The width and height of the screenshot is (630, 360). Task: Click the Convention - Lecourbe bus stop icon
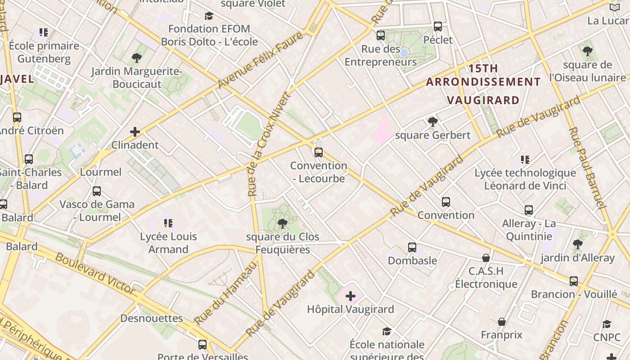pos(319,152)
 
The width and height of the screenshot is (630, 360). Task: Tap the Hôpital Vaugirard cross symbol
pos(350,296)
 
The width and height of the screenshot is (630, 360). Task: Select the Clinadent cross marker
pos(135,132)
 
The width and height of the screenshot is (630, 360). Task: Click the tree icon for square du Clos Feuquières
pos(283,223)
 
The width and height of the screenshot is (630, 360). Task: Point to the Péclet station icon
pos(438,27)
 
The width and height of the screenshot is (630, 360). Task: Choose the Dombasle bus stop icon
pos(412,247)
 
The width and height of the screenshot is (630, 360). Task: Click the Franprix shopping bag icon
pos(501,322)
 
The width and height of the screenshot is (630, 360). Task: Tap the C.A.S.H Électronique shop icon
pos(486,258)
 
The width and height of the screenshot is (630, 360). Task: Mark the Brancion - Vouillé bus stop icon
pos(574,281)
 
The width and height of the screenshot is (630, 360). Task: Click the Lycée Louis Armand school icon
pos(168,223)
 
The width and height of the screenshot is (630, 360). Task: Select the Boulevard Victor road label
pos(95,274)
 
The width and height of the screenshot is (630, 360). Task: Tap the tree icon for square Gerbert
pos(432,121)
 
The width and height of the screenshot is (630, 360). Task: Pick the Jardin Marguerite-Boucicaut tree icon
pos(137,58)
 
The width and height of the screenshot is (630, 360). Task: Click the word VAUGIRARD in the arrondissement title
pos(483,100)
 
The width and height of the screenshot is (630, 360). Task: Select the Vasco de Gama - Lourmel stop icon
pos(97,191)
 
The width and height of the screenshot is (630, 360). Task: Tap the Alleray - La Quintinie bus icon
pos(529,210)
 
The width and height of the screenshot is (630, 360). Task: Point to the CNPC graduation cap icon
pos(607,324)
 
